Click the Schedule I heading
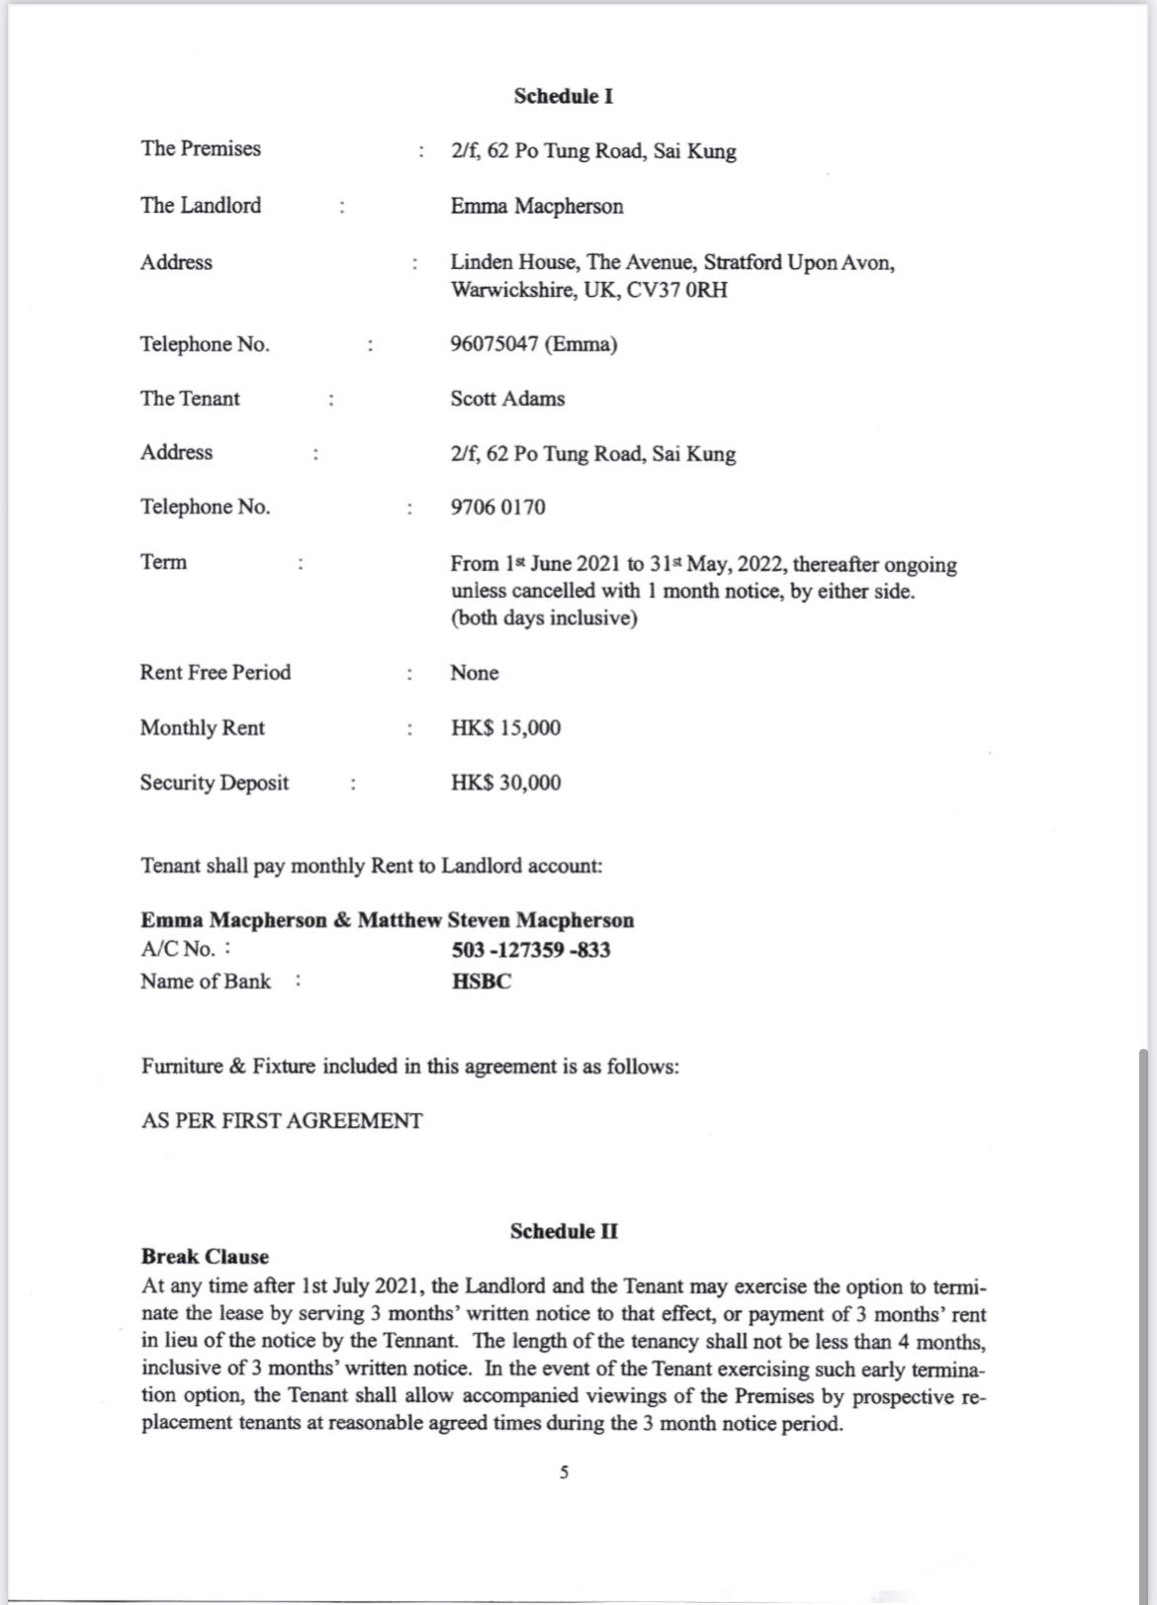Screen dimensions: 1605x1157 [x=563, y=96]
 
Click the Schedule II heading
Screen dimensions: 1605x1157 [x=564, y=1231]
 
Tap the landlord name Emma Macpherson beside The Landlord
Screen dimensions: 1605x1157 [x=537, y=206]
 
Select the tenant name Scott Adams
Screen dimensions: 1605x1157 [x=507, y=399]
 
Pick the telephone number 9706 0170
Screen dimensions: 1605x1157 [x=497, y=507]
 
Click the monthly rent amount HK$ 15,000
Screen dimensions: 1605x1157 [x=505, y=728]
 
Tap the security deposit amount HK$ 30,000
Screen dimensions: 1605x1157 [x=505, y=783]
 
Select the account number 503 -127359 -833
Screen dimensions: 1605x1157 [x=531, y=950]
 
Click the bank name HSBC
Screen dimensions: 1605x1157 [x=482, y=982]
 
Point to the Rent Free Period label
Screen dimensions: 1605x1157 [x=216, y=673]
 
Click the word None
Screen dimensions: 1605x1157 [x=475, y=673]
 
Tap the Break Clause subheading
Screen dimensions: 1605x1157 [x=205, y=1257]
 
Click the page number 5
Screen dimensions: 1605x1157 [x=564, y=1472]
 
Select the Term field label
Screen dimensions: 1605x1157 [x=163, y=562]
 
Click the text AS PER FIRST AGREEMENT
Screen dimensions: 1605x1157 [x=282, y=1121]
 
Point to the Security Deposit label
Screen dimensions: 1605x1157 [x=215, y=783]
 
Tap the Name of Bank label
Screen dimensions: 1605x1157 [x=206, y=982]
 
